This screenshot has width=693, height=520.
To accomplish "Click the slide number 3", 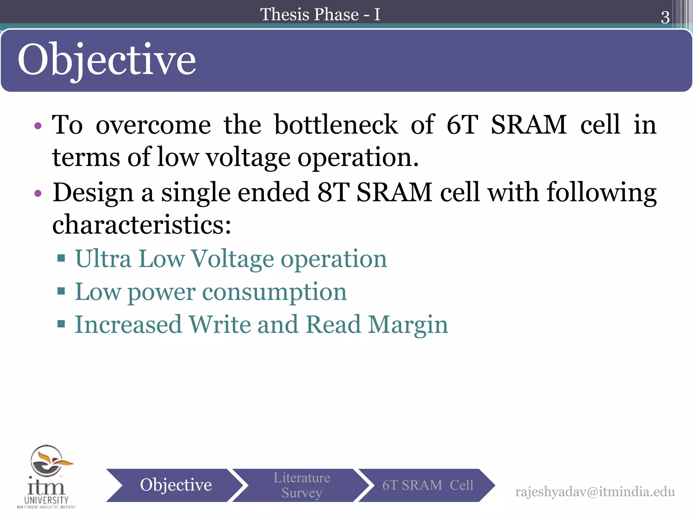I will tap(665, 17).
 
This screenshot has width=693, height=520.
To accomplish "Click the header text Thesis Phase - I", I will tap(320, 15).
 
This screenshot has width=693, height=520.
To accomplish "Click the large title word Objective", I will tap(107, 60).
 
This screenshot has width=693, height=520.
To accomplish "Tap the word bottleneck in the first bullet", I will tap(336, 125).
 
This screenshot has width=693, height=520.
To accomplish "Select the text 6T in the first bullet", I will tap(462, 125).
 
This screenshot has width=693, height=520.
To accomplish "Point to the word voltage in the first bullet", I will tap(248, 157).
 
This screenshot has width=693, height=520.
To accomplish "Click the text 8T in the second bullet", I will tap(333, 192).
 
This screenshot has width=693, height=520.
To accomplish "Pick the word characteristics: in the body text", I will tap(142, 224).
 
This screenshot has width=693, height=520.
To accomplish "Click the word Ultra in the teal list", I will tap(103, 259).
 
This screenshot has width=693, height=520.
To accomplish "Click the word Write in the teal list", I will tap(220, 324).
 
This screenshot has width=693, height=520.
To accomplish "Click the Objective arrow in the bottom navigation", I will tap(175, 485).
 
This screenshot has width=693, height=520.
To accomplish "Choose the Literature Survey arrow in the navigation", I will tap(301, 485).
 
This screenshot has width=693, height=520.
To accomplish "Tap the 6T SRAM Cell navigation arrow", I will tap(427, 485).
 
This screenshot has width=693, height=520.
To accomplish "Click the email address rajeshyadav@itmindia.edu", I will tap(595, 492).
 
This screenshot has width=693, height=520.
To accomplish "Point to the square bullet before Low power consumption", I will tap(61, 291).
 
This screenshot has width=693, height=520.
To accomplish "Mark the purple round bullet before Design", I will tap(38, 193).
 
